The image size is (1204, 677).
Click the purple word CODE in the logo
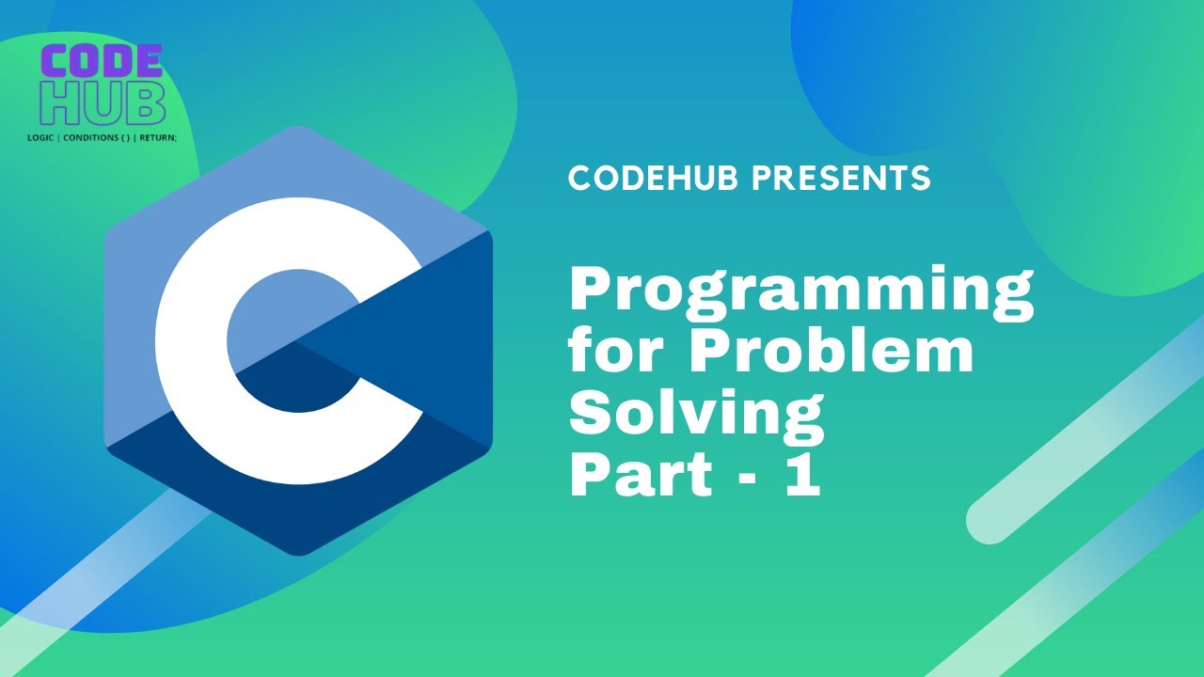103,63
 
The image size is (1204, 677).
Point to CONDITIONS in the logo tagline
92,137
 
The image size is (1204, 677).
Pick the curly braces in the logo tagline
127,137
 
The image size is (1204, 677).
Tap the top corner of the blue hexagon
298,128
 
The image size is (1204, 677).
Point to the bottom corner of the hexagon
298,553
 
